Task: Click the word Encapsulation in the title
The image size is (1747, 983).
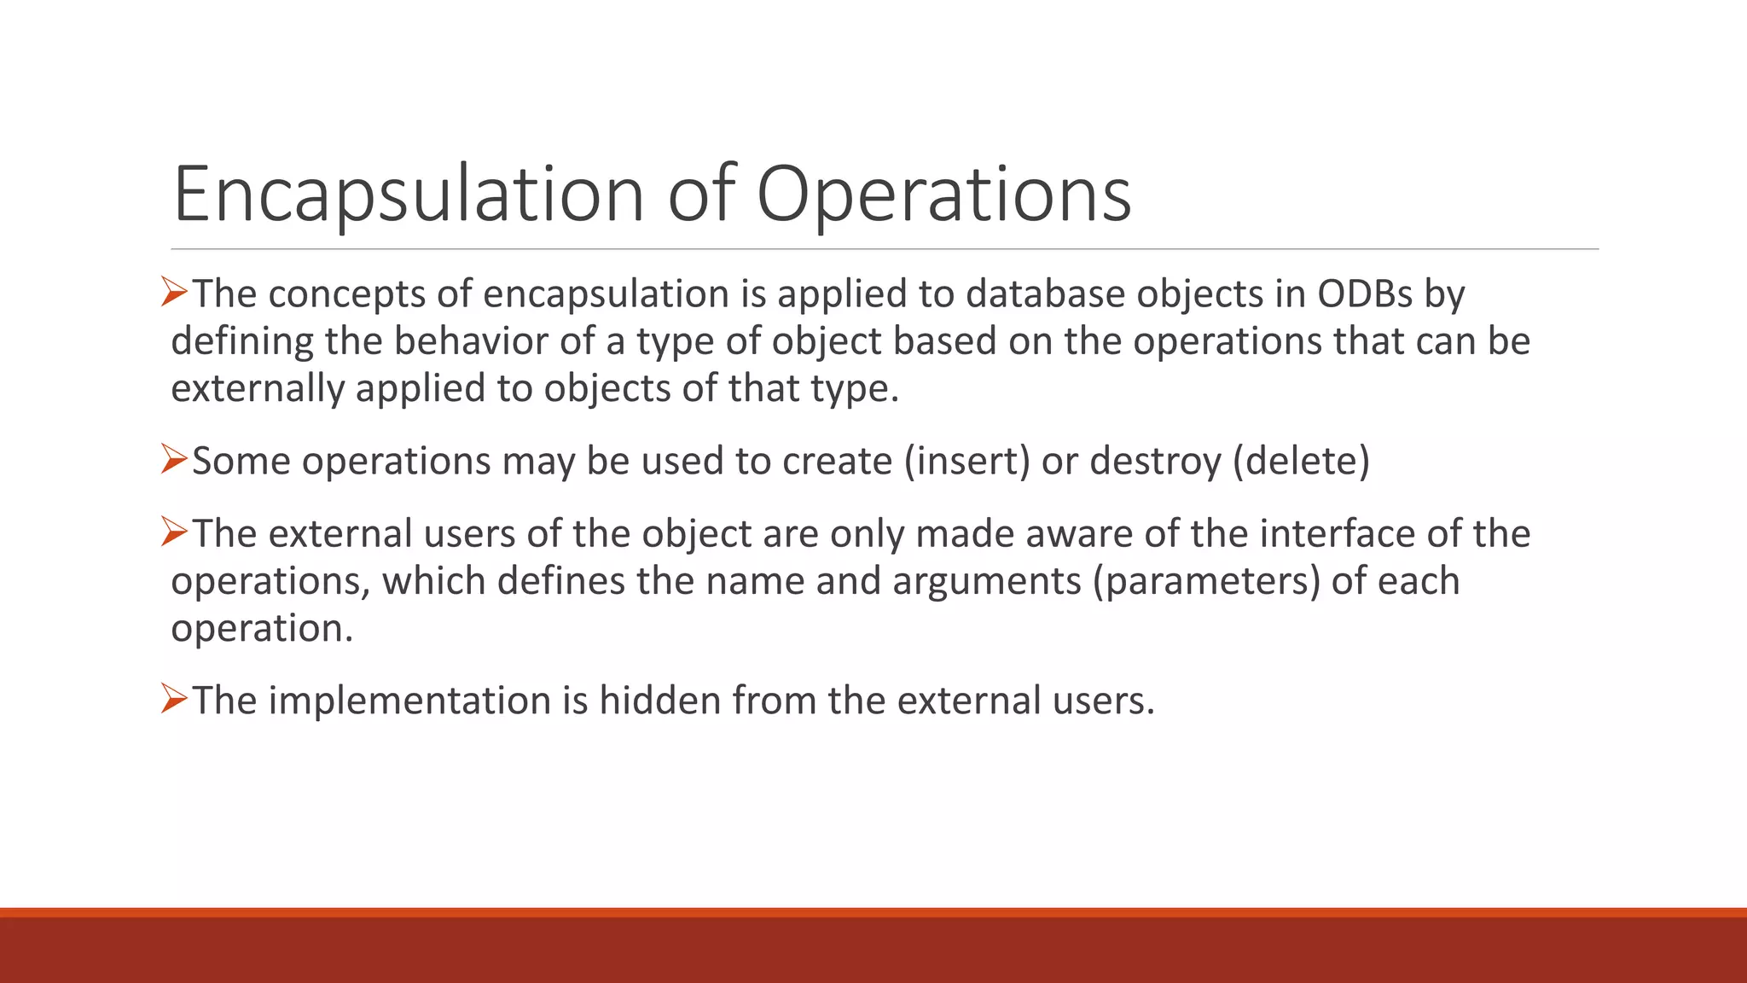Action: pos(408,195)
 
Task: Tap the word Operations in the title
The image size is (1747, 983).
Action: pos(943,195)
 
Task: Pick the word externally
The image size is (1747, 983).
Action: pos(257,388)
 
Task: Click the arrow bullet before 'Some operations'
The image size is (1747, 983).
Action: pos(174,460)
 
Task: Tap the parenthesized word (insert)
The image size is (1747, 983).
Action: pos(966,461)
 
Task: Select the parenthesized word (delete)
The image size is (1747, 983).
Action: pos(1301,461)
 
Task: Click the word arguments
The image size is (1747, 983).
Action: pos(987,581)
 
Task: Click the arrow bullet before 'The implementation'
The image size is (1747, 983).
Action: pos(174,700)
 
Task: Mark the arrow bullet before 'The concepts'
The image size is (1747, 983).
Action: pos(174,293)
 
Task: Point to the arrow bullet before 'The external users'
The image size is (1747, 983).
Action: pos(174,532)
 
